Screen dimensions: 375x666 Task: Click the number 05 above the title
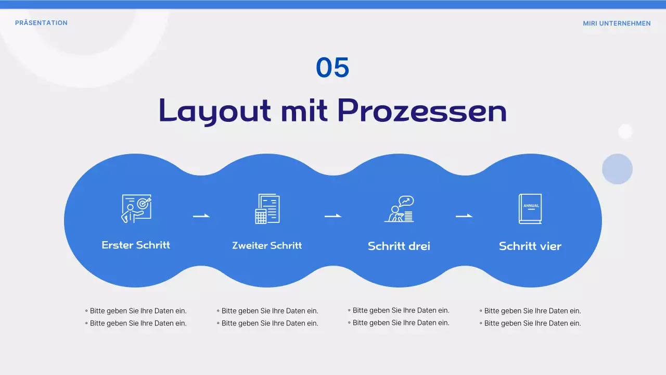click(x=332, y=68)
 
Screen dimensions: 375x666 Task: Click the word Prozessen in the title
click(x=422, y=110)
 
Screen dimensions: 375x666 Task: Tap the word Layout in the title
click(x=214, y=111)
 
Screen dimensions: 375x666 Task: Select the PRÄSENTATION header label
click(x=41, y=23)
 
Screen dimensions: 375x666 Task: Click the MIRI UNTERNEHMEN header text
click(x=617, y=23)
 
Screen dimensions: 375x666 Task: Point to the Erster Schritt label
click(x=136, y=245)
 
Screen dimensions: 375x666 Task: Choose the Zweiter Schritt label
click(x=267, y=245)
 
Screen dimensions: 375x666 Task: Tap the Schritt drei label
click(x=399, y=246)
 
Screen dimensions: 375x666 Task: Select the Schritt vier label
click(x=530, y=246)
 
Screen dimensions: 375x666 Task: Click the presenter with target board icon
click(x=136, y=209)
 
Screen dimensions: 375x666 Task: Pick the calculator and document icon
click(x=267, y=209)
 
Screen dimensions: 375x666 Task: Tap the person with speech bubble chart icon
click(x=399, y=209)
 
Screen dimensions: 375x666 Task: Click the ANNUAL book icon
click(x=530, y=209)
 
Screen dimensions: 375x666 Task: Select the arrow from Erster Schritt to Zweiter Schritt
click(x=201, y=216)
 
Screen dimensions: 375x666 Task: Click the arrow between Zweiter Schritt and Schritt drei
click(x=333, y=216)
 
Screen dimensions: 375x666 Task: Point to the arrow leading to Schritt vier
click(x=464, y=216)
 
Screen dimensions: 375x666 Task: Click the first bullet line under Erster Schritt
click(x=136, y=311)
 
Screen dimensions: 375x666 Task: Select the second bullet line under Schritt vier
click(x=530, y=323)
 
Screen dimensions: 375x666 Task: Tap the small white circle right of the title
click(x=625, y=131)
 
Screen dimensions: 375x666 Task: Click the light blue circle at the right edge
click(x=617, y=169)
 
